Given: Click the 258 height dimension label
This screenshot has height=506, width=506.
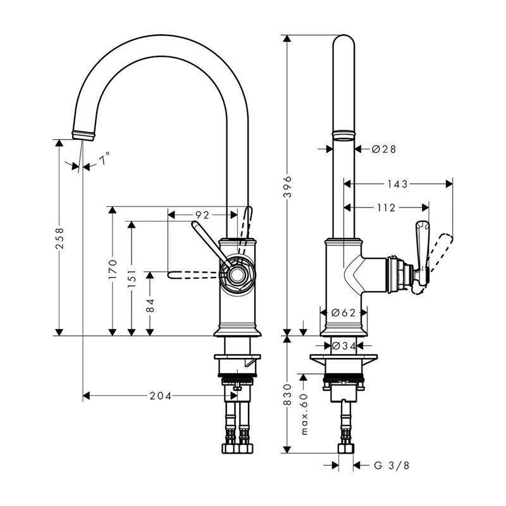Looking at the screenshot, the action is (x=59, y=238).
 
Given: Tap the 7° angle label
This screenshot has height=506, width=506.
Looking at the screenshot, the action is (x=104, y=158).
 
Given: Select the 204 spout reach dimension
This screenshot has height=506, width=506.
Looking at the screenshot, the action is (x=161, y=396).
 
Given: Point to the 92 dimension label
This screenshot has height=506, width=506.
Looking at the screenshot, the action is (x=202, y=215).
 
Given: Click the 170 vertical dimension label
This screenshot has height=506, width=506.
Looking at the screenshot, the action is (x=113, y=269).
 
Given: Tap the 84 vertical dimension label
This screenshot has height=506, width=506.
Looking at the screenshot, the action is (x=150, y=305).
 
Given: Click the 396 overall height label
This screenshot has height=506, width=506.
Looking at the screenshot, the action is (x=287, y=187).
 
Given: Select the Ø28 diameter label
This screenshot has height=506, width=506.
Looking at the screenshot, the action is (x=384, y=149).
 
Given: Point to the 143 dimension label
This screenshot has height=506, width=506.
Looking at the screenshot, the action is (x=398, y=184).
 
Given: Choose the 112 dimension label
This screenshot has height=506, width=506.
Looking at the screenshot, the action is (x=386, y=208).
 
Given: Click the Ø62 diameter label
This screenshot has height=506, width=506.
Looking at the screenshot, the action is (x=343, y=312).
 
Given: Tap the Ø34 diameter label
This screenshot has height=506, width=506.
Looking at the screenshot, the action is (x=343, y=346).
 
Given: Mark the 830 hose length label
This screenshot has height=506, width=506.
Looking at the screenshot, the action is (x=287, y=394).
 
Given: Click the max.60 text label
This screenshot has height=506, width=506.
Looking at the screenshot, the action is (x=304, y=414).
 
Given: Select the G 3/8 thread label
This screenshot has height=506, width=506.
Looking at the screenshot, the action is (x=392, y=466).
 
